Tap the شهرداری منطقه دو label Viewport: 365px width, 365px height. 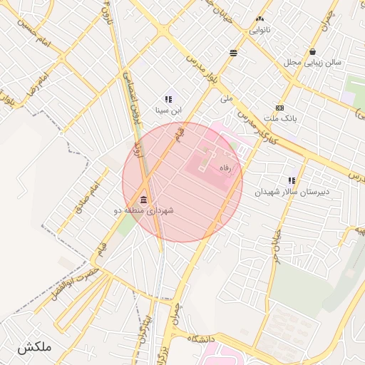(143, 211)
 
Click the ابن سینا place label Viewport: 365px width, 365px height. (169, 111)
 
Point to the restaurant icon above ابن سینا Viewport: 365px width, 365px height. (169, 100)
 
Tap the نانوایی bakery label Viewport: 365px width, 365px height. (259, 31)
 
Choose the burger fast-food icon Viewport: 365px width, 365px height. (234, 53)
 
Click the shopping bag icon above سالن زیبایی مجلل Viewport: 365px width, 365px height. (313, 51)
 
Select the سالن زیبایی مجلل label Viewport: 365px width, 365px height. (313, 63)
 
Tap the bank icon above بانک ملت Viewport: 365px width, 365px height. (279, 108)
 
